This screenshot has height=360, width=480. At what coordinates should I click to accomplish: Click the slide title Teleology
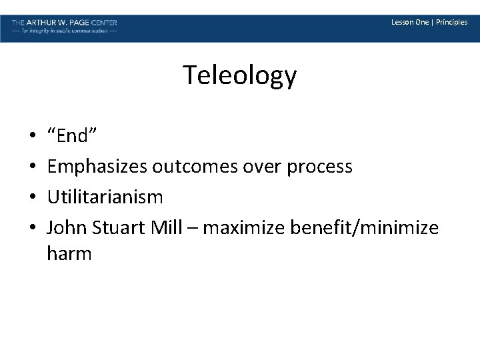[x=240, y=75]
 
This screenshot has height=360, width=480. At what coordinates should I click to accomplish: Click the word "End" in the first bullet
[x=73, y=136]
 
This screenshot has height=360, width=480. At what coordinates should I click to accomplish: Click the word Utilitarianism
[x=105, y=197]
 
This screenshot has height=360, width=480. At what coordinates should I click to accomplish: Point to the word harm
[x=69, y=254]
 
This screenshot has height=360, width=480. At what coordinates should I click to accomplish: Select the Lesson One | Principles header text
[x=429, y=22]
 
